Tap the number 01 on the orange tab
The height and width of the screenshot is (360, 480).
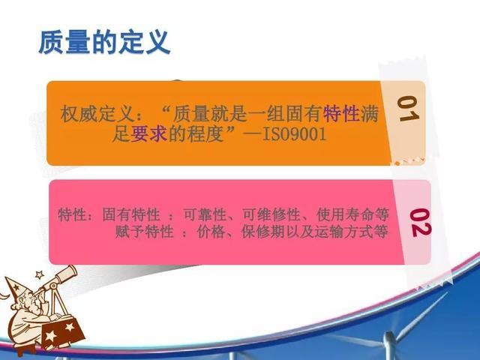tap(408, 109)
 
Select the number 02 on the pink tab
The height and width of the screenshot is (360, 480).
tap(421, 223)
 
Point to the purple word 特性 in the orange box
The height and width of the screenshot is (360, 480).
tap(341, 113)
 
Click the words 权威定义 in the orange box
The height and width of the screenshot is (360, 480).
tap(97, 114)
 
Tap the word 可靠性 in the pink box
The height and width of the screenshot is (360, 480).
tap(205, 214)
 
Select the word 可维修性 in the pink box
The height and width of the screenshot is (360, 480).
tap(271, 214)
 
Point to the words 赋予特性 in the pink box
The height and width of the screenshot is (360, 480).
tap(145, 232)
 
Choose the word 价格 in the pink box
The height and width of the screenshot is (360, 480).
tap(211, 232)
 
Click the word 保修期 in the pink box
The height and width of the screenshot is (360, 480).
tap(263, 232)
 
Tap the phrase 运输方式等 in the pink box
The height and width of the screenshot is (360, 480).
tap(352, 232)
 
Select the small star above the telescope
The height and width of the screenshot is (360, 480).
tap(40, 274)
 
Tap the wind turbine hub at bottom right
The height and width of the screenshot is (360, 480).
tap(388, 337)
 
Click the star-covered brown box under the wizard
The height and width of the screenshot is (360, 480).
tap(63, 332)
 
